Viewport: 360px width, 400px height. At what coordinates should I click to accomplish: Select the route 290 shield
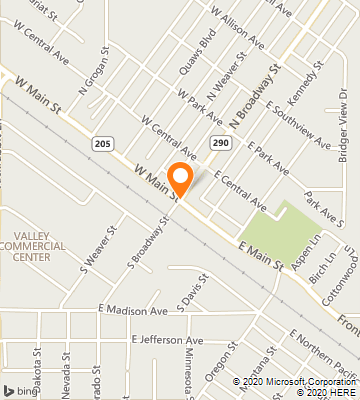tap(219, 145)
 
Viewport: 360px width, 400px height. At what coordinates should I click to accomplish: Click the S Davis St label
tap(186, 289)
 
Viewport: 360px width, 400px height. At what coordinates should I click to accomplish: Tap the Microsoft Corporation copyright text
tap(295, 381)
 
